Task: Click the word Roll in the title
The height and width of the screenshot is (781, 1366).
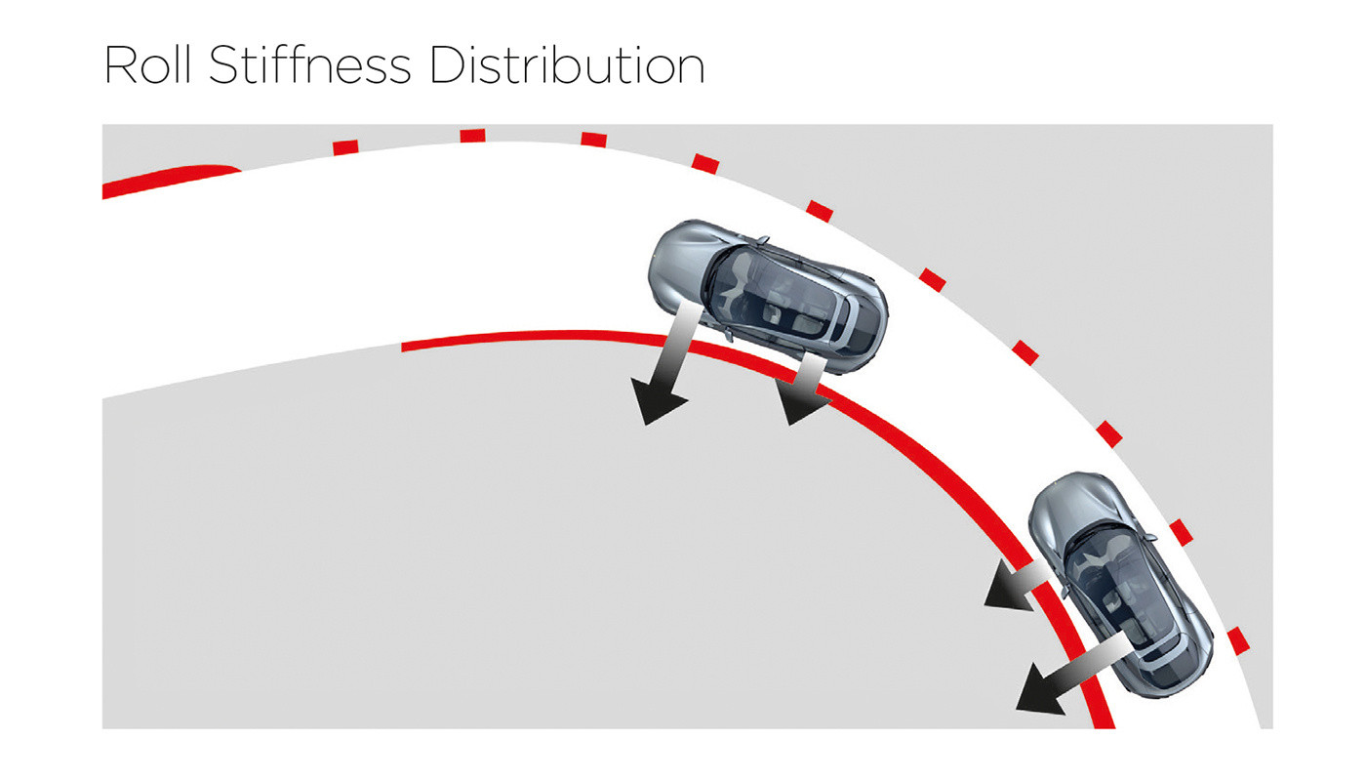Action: [147, 64]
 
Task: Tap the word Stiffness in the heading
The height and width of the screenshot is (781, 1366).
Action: [310, 63]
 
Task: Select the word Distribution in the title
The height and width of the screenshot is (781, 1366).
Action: [568, 64]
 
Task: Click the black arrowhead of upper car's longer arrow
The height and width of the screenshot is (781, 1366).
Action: [656, 399]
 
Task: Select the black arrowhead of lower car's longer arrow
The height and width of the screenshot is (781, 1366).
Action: [1039, 689]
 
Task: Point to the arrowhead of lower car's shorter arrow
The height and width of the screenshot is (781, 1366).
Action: [1006, 586]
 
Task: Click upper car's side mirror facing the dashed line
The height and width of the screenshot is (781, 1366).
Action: [762, 240]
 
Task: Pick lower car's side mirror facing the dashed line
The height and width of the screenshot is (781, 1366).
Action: [1150, 538]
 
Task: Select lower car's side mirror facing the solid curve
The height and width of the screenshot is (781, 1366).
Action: [1065, 590]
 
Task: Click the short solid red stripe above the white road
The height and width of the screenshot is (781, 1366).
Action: [172, 180]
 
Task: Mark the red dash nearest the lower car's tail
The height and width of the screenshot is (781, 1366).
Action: [1238, 640]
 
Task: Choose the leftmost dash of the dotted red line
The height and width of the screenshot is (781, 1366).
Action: [345, 147]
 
